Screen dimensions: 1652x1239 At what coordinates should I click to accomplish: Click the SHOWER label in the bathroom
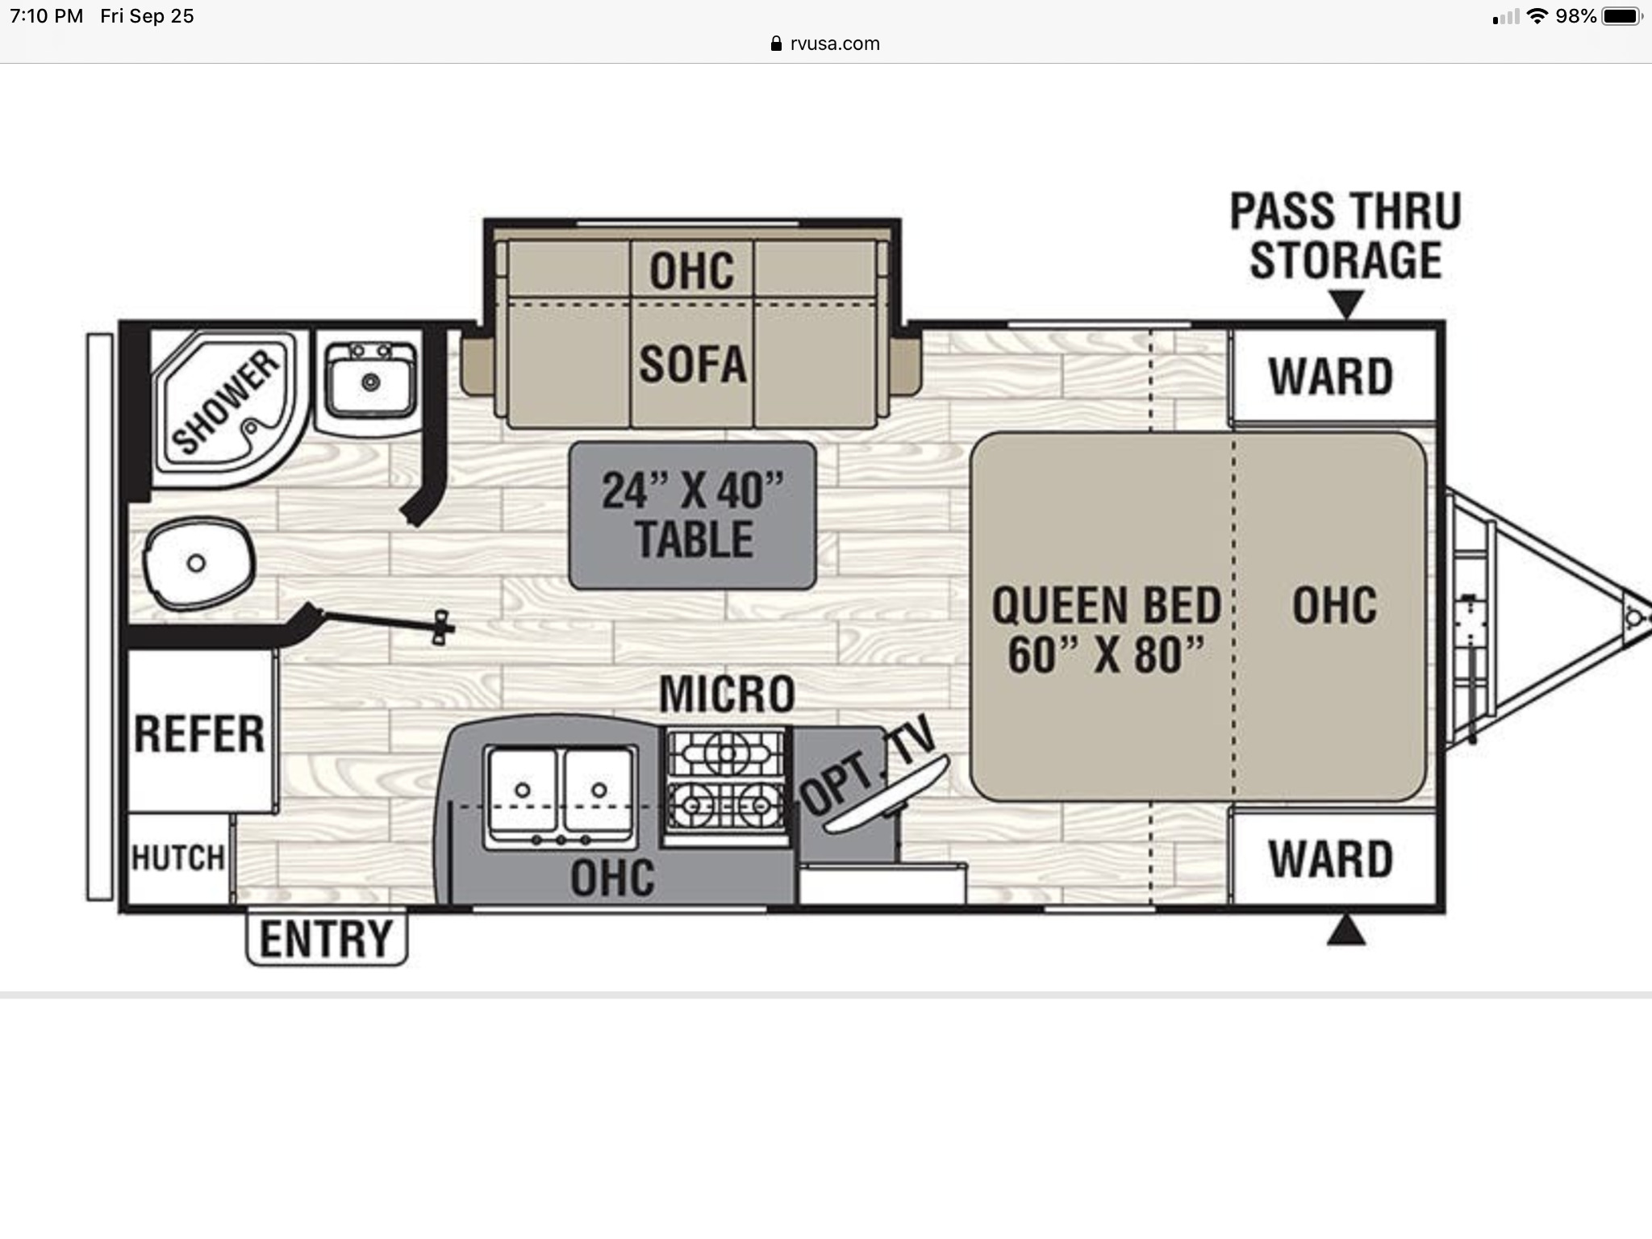tap(227, 401)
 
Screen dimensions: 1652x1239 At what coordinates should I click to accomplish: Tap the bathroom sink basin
tap(370, 381)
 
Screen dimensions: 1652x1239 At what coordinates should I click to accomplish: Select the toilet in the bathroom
tap(198, 563)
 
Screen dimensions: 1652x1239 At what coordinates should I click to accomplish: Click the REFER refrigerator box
tap(200, 731)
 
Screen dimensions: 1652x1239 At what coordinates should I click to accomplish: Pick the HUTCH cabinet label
tap(178, 858)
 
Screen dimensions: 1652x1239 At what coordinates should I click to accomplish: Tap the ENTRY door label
tap(326, 938)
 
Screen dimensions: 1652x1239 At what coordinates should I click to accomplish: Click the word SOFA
tap(692, 364)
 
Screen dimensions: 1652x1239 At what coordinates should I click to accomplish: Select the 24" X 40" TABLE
tap(692, 515)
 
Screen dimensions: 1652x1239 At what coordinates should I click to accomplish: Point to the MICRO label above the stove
tap(727, 694)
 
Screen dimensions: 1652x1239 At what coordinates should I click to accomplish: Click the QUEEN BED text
tap(1106, 606)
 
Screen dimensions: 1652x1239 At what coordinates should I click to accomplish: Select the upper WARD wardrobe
tap(1332, 376)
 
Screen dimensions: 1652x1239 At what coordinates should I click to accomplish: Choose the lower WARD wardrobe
tap(1332, 858)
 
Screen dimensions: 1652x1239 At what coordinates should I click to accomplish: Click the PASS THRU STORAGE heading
tap(1345, 236)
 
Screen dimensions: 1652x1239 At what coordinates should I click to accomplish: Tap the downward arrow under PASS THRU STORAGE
tap(1345, 304)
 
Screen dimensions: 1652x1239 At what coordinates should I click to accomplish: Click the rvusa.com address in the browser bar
tap(836, 44)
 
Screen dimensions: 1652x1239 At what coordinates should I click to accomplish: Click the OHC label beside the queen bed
tap(1334, 606)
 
